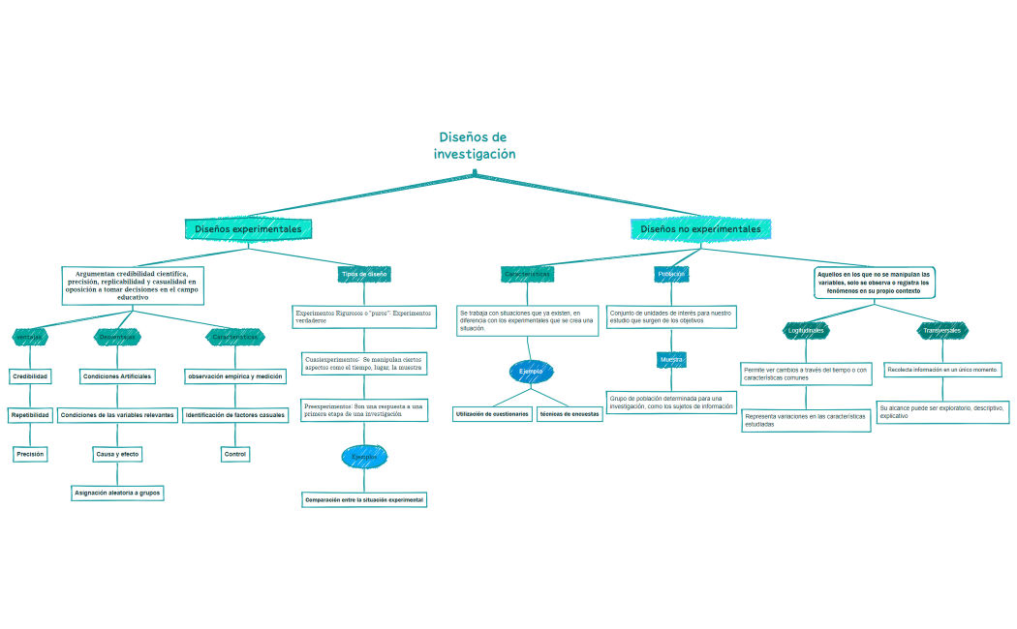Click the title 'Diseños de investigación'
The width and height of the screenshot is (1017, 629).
(x=474, y=146)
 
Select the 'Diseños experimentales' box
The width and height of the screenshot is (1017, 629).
(x=248, y=229)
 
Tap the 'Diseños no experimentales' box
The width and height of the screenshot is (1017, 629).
(x=700, y=229)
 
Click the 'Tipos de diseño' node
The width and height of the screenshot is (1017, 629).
(x=364, y=274)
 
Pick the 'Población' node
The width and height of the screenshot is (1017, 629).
(x=671, y=274)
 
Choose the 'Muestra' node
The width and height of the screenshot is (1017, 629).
(x=671, y=360)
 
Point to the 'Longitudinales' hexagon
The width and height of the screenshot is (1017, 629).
(x=806, y=331)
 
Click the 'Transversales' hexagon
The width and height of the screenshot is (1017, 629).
(x=941, y=331)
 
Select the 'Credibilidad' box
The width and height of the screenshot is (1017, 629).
(x=30, y=375)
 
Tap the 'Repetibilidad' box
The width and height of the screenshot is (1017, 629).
(x=30, y=415)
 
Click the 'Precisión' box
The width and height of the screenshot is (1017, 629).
(x=30, y=453)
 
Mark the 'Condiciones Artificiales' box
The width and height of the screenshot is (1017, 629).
(x=117, y=375)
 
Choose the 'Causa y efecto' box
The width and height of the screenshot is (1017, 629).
(x=117, y=454)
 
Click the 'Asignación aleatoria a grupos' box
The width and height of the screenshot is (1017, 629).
(x=117, y=493)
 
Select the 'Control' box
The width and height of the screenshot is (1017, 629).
(x=235, y=454)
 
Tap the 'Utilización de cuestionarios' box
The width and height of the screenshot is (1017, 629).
(x=492, y=414)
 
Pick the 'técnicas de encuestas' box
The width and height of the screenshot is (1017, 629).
(x=570, y=414)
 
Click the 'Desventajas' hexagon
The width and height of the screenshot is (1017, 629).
(x=117, y=337)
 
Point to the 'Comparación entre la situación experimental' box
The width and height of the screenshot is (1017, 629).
(x=364, y=500)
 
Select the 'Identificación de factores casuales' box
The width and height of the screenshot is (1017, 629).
(x=235, y=415)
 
